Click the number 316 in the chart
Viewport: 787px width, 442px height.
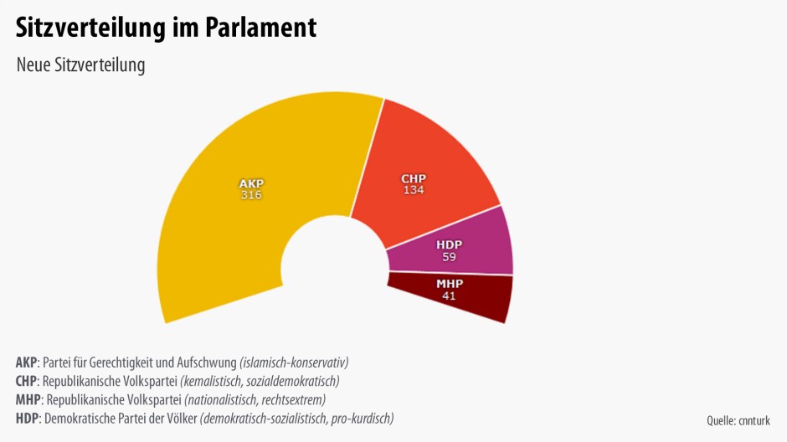(251, 195)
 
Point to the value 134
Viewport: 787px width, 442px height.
(413, 190)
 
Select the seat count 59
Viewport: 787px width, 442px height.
(450, 256)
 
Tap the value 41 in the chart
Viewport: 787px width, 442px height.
(450, 296)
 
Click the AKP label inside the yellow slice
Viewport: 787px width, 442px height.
(251, 183)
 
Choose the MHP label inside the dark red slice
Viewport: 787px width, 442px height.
(450, 284)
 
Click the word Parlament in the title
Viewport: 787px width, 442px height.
(260, 28)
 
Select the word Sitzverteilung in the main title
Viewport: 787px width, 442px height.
(90, 28)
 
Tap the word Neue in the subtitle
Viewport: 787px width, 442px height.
(33, 65)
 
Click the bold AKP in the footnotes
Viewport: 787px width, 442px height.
(27, 363)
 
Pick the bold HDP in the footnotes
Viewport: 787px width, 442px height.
(27, 419)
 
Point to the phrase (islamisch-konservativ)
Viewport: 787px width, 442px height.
(294, 363)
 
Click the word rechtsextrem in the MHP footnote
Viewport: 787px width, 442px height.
(293, 400)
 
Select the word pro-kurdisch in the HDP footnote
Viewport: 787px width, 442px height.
(361, 419)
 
